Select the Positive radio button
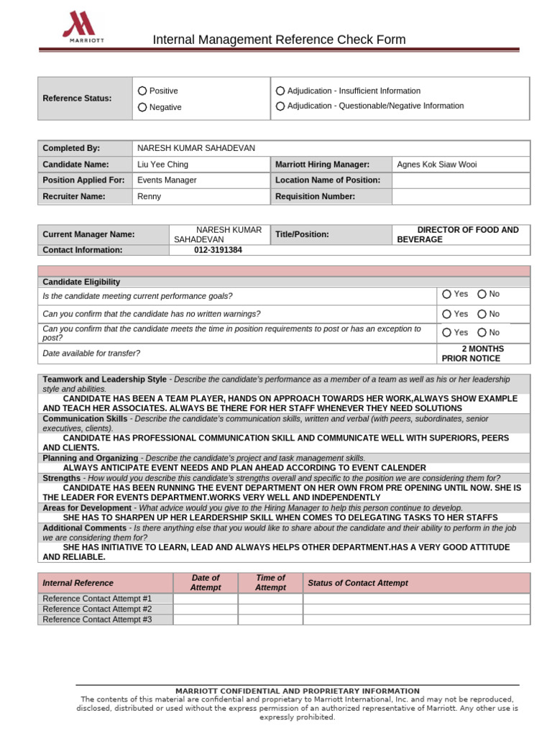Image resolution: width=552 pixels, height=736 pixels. point(142,91)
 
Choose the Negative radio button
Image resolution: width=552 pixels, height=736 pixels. point(142,107)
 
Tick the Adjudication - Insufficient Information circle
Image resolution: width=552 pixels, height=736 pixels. point(280,91)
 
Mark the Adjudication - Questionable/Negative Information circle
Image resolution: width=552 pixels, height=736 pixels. point(280,106)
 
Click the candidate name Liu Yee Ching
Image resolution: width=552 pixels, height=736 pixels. point(162,165)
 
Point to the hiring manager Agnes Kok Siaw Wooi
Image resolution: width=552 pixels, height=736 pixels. point(436,165)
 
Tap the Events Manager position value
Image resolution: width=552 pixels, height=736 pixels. point(167,180)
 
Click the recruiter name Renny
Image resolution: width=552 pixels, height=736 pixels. point(149,196)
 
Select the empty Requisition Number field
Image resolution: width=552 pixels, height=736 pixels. point(460,196)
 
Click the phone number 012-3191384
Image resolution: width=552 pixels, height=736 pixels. point(218,250)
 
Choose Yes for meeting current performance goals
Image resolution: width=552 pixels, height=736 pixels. point(447,294)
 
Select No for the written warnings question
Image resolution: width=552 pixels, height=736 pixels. point(482,314)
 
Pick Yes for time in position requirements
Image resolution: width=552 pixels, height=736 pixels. point(447,332)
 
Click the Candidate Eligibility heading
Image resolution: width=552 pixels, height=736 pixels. point(81,282)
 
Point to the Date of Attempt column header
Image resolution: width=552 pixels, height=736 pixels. point(206,583)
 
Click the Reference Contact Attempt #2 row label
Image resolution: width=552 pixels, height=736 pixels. point(97,609)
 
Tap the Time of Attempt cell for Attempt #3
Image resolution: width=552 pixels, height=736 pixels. point(270,619)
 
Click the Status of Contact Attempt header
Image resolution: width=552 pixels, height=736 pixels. point(357,583)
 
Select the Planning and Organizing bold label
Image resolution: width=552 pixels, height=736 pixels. point(90,458)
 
